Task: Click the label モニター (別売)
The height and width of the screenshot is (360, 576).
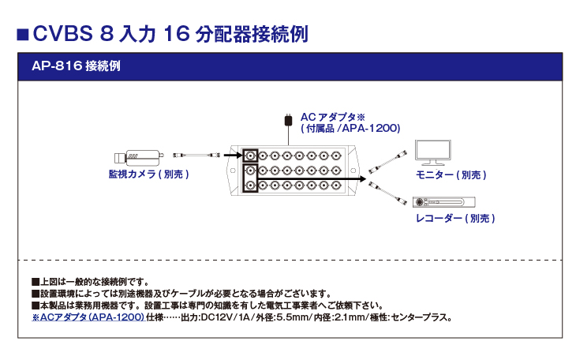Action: click(451, 174)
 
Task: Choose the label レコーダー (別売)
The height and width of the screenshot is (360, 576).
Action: click(455, 218)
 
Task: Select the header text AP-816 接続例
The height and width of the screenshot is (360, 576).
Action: click(76, 66)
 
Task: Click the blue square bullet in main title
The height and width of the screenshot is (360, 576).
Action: click(23, 35)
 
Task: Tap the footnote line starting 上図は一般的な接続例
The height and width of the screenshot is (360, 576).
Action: click(91, 281)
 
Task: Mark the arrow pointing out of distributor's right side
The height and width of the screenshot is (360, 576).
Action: click(355, 179)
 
